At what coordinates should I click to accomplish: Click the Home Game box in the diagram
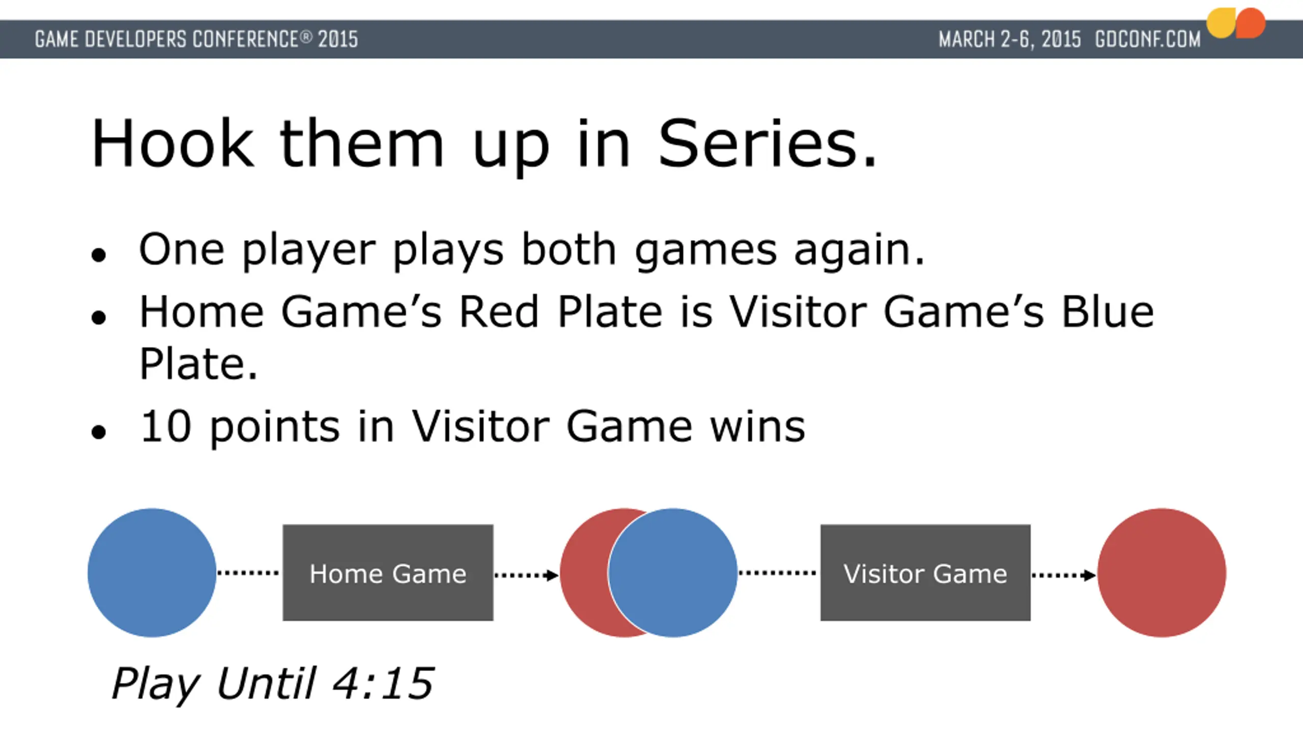pos(388,573)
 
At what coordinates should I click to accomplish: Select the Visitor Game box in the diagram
pos(925,573)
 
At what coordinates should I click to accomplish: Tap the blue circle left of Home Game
pos(152,573)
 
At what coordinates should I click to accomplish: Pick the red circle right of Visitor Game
pos(1162,573)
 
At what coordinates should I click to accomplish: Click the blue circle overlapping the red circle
pos(673,573)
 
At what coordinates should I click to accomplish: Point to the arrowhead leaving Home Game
pos(552,575)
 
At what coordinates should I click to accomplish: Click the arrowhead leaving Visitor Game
pos(1089,575)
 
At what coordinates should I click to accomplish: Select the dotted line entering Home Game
pos(248,573)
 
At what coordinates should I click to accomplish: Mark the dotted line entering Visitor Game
pos(777,573)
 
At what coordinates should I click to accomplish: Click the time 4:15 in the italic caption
pos(383,683)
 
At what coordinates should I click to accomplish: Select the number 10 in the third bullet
pos(166,426)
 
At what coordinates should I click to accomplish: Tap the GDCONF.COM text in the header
pos(1148,39)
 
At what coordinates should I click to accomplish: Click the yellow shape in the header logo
pos(1220,23)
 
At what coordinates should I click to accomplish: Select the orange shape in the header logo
pos(1250,23)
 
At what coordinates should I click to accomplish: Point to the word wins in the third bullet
pos(757,426)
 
